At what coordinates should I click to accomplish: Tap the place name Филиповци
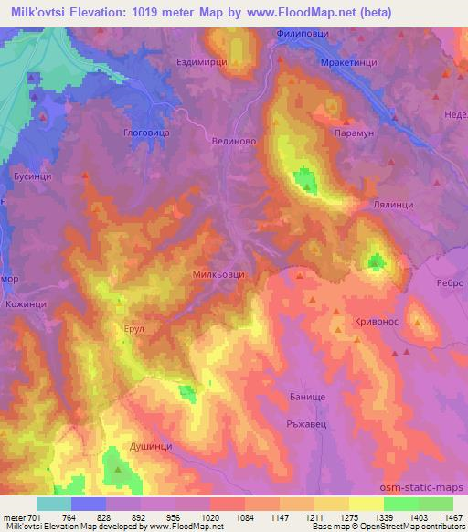point(302,34)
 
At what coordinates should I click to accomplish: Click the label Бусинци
point(32,172)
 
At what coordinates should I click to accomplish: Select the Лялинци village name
point(395,206)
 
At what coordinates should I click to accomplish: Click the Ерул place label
point(134,325)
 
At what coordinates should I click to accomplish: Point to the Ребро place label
point(448,283)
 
